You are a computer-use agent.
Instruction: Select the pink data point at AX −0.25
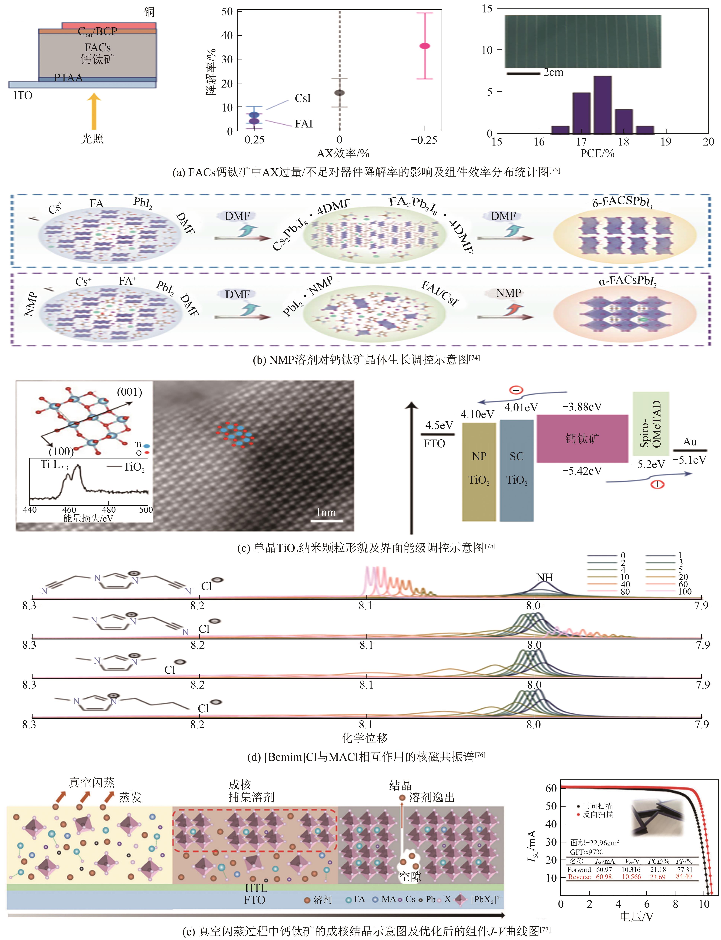pos(424,46)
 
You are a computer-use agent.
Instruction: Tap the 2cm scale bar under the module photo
pos(523,74)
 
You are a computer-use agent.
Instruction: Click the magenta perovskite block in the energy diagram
pos(582,438)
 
